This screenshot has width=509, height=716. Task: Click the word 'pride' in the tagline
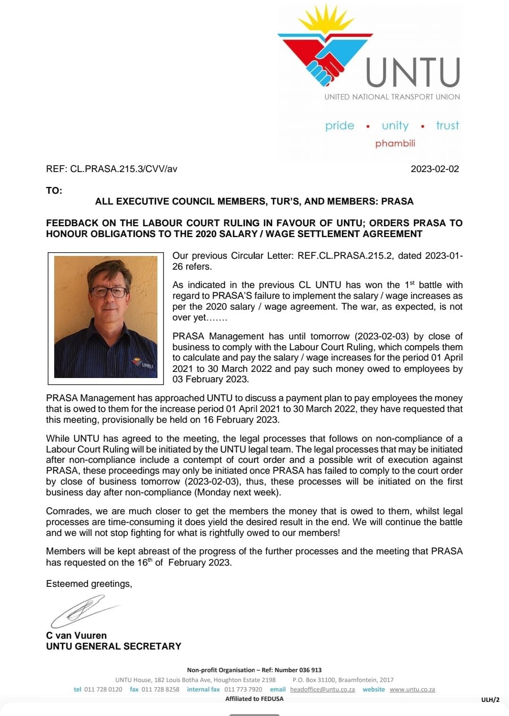(x=339, y=126)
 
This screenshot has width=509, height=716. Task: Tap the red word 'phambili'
(x=395, y=143)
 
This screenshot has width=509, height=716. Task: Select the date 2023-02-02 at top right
(x=435, y=169)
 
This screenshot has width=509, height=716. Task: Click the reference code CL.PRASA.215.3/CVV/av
(x=123, y=169)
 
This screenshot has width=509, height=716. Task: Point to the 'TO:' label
(x=54, y=190)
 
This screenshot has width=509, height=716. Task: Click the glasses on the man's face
(x=109, y=292)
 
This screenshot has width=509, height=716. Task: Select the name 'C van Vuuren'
(x=76, y=635)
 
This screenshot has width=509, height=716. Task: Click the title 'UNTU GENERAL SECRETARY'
(x=114, y=646)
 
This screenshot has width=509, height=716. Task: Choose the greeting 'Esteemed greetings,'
(x=89, y=584)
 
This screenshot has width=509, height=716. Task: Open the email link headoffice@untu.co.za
(x=322, y=689)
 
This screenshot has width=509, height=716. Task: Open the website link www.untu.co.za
(x=412, y=689)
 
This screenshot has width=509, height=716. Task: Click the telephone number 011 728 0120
(x=103, y=689)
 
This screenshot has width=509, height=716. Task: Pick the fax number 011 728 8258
(x=160, y=689)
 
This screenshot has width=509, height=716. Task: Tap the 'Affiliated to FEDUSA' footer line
(x=254, y=699)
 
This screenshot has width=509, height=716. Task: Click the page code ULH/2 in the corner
(x=490, y=700)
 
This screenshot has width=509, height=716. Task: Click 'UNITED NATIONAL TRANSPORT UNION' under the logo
(x=392, y=97)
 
